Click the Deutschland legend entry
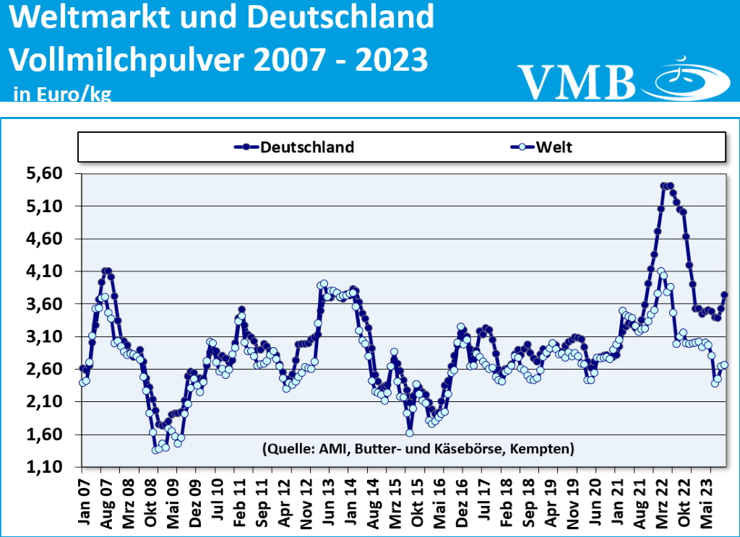pos(295,147)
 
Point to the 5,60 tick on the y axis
pos(44,173)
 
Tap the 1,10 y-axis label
pos(44,467)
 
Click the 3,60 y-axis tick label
pos(44,304)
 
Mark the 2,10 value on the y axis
pos(44,401)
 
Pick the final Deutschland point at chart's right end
pos(724,294)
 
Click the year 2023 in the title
pos(391,59)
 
